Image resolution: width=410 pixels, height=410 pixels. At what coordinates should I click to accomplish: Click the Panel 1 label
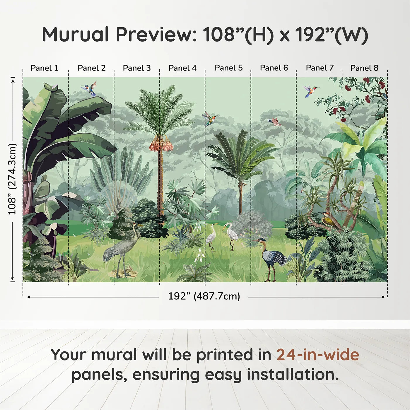click(x=44, y=68)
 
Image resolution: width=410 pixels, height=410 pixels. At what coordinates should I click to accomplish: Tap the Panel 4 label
click(x=182, y=68)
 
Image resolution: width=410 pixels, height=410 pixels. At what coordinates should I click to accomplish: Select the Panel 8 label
click(x=364, y=68)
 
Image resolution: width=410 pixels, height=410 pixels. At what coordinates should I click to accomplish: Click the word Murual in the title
click(x=76, y=35)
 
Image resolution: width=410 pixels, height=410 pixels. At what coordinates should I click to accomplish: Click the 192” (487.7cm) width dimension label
click(x=204, y=296)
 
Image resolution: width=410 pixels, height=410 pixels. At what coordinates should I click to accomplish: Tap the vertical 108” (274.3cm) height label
click(x=12, y=179)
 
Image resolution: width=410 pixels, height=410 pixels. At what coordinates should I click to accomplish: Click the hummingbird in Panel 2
click(x=89, y=88)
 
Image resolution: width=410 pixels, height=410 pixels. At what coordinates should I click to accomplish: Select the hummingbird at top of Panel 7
click(x=310, y=91)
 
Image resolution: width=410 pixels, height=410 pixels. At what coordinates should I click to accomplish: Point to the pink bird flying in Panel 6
click(x=275, y=122)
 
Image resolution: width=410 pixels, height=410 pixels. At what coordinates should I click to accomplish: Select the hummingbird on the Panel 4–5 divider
click(x=211, y=118)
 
